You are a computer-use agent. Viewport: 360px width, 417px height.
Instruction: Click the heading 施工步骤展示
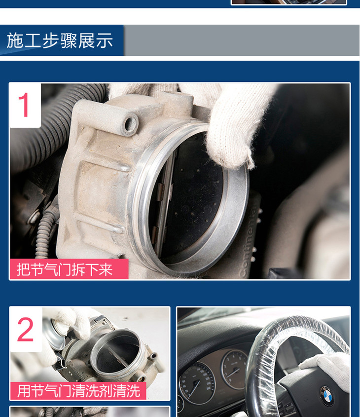tap(60, 40)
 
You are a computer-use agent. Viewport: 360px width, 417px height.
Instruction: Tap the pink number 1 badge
tap(25, 105)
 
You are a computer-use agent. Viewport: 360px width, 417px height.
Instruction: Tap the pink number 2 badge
tap(26, 330)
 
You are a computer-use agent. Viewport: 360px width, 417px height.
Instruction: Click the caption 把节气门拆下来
tap(65, 269)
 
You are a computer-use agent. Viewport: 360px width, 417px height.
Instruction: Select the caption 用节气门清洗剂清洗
tap(78, 391)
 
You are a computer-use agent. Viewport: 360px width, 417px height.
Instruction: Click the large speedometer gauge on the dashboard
tap(197, 383)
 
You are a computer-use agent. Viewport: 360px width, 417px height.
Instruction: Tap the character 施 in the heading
tap(15, 40)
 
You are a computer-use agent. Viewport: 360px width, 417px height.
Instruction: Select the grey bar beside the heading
tap(242, 40)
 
